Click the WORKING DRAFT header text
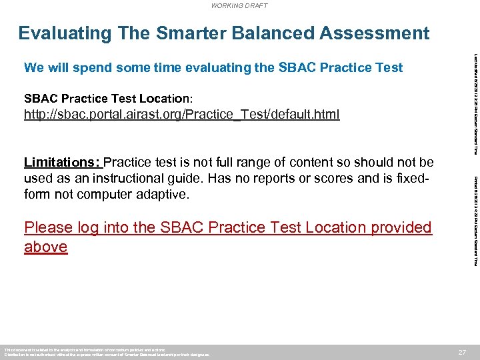click(x=239, y=5)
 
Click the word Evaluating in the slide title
click(x=64, y=33)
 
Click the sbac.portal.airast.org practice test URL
click(x=181, y=115)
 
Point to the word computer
click(x=109, y=195)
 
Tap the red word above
click(x=45, y=247)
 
